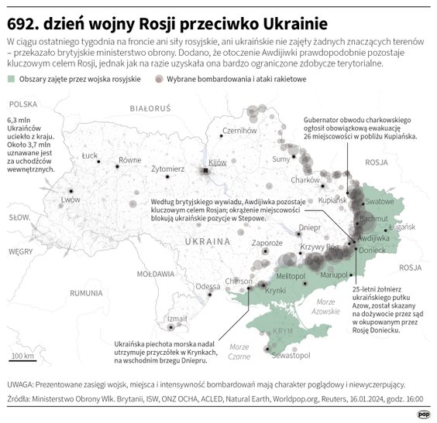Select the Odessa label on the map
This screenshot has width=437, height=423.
(207, 286)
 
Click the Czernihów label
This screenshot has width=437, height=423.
(239, 131)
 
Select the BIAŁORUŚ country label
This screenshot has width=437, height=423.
(149, 109)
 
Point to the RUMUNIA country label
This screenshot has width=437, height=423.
(86, 293)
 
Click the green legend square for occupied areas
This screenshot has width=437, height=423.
(10, 80)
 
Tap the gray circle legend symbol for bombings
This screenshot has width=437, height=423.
(159, 80)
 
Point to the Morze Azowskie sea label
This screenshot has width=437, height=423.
(325, 306)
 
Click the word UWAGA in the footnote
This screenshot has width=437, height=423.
(21, 384)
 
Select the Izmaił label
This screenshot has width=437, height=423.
(177, 318)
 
